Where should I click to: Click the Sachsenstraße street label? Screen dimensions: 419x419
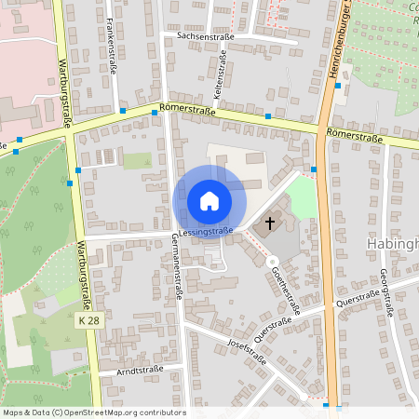pyautogui.click(x=197, y=35)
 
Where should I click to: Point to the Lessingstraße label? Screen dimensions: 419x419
pyautogui.click(x=206, y=230)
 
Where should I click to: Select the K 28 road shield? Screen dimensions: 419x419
pyautogui.click(x=88, y=320)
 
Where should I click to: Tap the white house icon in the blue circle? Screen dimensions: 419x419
pyautogui.click(x=209, y=201)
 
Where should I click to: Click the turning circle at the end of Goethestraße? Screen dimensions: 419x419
pyautogui.click(x=273, y=263)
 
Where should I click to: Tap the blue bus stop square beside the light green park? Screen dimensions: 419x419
pyautogui.click(x=314, y=169)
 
